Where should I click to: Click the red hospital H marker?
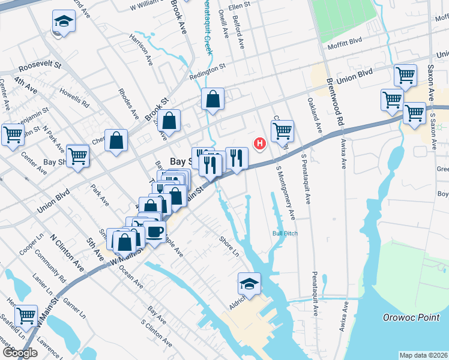pos(260,143)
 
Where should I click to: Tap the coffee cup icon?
pos(155,232)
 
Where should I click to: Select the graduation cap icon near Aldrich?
pos(250,284)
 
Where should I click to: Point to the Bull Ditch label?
pos(285,233)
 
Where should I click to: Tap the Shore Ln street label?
pos(229,246)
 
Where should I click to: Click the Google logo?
pos(20,353)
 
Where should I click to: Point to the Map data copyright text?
pos(423,355)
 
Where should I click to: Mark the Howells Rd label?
pos(74,98)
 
